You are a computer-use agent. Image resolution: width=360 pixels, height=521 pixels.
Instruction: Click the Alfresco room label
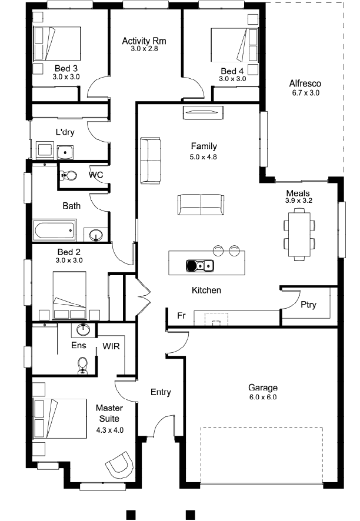click(x=305, y=83)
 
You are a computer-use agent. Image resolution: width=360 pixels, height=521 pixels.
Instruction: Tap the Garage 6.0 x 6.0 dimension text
click(x=262, y=397)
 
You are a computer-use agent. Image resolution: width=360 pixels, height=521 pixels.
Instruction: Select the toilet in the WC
click(x=68, y=175)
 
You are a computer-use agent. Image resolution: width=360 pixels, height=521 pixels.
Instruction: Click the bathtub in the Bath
click(x=54, y=231)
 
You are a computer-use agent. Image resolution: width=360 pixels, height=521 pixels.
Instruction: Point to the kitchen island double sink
click(x=199, y=265)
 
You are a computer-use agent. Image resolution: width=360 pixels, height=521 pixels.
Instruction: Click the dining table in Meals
click(x=299, y=234)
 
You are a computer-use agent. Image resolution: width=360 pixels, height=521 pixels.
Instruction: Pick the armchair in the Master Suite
click(x=119, y=463)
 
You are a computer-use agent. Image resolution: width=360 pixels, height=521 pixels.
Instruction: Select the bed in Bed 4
click(x=235, y=45)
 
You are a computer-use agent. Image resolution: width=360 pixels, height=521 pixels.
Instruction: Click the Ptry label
click(x=308, y=305)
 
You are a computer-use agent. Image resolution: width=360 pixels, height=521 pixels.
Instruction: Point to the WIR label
click(x=111, y=346)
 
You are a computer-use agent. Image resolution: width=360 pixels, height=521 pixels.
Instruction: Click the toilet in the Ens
click(x=82, y=366)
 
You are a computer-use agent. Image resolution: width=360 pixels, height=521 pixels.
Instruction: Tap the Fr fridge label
click(x=181, y=315)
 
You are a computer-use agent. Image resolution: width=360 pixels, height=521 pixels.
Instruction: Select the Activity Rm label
click(x=144, y=41)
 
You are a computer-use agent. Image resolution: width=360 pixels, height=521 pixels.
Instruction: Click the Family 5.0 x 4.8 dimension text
click(x=203, y=157)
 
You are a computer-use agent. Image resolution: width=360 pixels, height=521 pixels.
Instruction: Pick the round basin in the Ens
click(x=83, y=330)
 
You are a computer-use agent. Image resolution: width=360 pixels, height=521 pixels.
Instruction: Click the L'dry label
click(x=65, y=132)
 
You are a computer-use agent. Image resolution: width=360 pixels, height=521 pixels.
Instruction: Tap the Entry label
click(x=161, y=392)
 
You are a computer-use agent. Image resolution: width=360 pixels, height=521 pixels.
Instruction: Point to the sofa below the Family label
click(x=201, y=205)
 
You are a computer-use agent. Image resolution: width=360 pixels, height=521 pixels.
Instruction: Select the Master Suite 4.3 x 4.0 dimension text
click(x=109, y=430)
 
